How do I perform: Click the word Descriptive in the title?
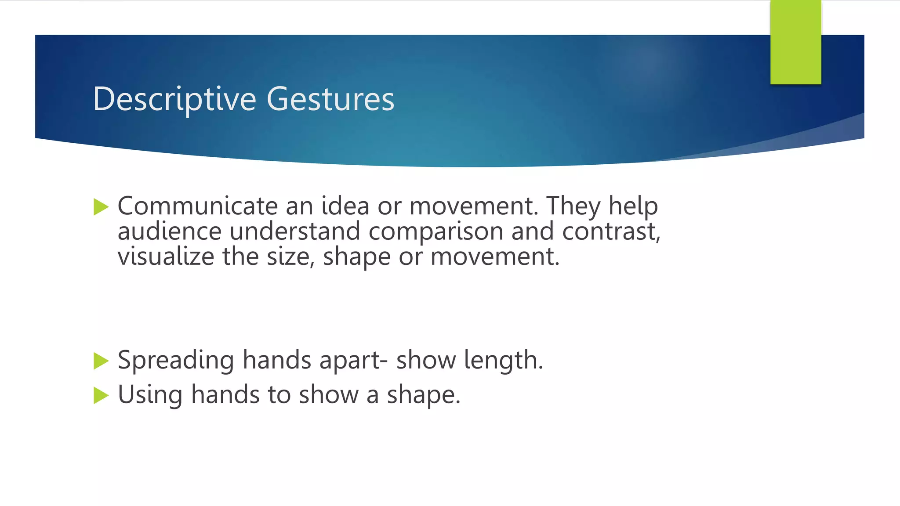(174, 99)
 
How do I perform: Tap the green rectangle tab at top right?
(795, 42)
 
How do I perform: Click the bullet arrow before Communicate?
(101, 206)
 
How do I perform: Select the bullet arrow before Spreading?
(101, 361)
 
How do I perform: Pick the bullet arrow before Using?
(101, 395)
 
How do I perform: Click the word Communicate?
(198, 206)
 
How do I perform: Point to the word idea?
(345, 206)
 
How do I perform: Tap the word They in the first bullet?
(573, 206)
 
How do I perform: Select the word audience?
(170, 231)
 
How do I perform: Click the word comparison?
(436, 231)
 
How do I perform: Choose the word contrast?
(611, 231)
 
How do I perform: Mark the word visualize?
(166, 257)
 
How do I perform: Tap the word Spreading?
(176, 361)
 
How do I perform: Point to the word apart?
(350, 361)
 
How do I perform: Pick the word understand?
(295, 231)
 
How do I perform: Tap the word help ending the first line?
(633, 206)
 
